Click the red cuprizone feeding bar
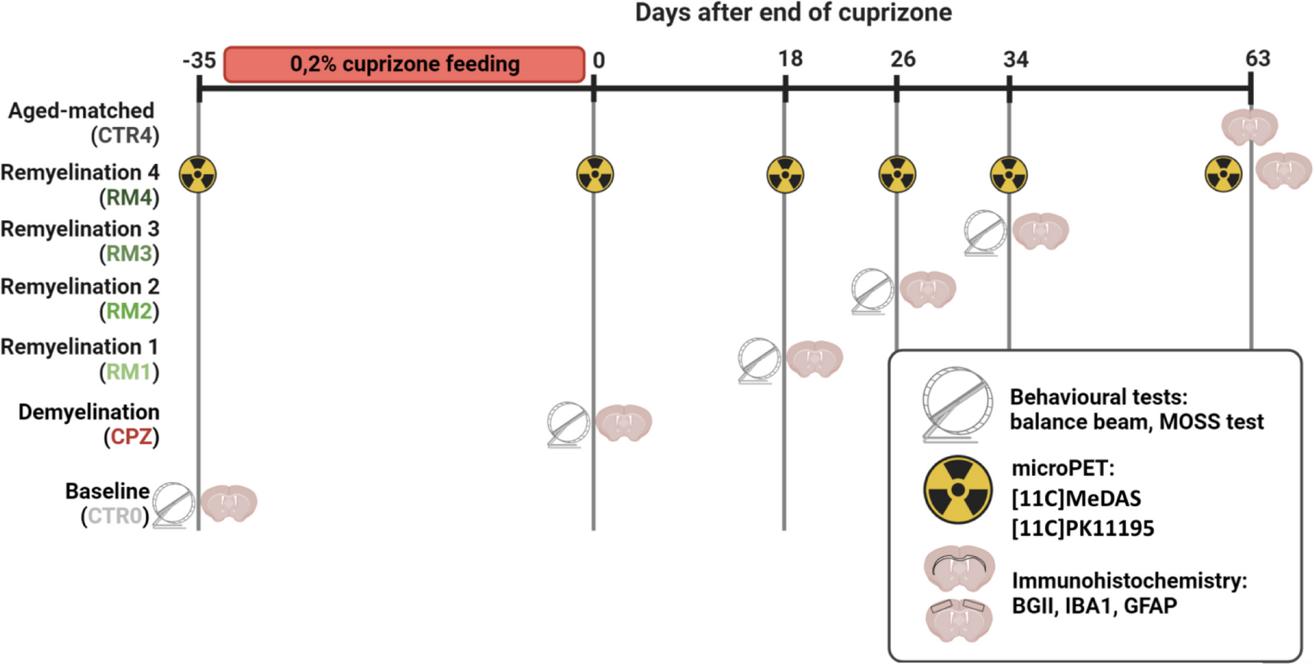(x=404, y=64)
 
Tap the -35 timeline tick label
(x=199, y=61)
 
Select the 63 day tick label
(x=1257, y=59)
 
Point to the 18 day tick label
(x=790, y=59)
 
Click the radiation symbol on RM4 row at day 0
(x=595, y=174)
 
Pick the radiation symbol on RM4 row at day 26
(x=897, y=174)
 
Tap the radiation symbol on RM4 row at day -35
(x=198, y=174)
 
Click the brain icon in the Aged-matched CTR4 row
(x=1249, y=127)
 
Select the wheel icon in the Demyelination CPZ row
(x=568, y=424)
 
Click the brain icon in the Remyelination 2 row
(x=928, y=289)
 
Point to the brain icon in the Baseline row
(x=229, y=503)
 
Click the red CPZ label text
(x=131, y=437)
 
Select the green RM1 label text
(x=129, y=372)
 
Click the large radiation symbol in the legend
(x=957, y=490)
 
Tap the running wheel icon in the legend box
(x=957, y=404)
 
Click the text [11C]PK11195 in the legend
(x=1082, y=528)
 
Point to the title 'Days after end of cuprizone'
(x=793, y=12)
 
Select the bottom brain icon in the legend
(x=958, y=619)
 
